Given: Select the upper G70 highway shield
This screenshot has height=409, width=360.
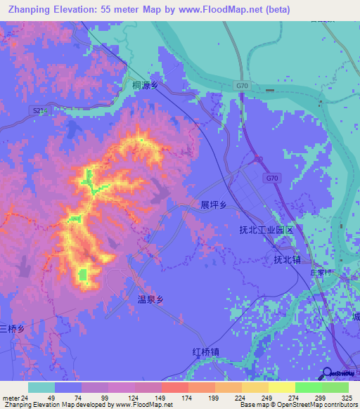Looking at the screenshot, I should click(x=243, y=86).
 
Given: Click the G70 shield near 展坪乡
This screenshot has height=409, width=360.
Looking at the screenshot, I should click(x=271, y=179).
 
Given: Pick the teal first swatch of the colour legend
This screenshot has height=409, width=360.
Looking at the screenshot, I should click(x=41, y=388).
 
